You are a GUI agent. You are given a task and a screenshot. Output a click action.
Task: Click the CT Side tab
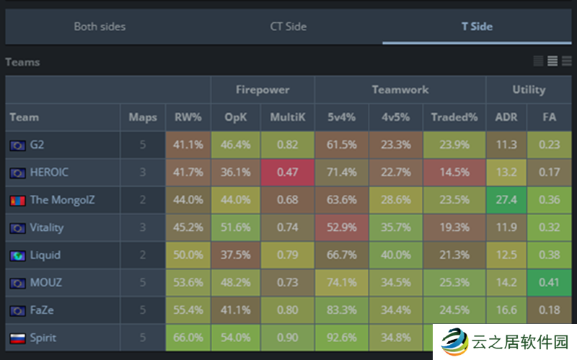click(x=288, y=27)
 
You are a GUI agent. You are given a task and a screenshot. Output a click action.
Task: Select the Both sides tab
click(x=100, y=27)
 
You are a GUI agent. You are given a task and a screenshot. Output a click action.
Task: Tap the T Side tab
click(x=477, y=27)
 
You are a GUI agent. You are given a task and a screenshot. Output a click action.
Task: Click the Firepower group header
click(x=263, y=90)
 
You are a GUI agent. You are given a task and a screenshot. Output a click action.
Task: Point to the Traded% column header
click(x=454, y=117)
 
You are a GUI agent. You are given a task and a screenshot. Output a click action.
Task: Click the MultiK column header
click(x=287, y=117)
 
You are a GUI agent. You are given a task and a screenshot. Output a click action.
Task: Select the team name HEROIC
click(x=49, y=172)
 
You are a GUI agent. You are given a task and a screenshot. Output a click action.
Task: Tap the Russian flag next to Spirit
click(x=17, y=338)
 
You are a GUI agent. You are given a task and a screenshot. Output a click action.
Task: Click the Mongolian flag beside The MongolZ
click(x=17, y=200)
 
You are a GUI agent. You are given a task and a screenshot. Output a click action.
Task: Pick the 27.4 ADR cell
click(x=506, y=200)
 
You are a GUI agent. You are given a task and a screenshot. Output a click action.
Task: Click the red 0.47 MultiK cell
click(x=287, y=172)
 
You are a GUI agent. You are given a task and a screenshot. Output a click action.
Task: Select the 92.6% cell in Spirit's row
click(x=342, y=338)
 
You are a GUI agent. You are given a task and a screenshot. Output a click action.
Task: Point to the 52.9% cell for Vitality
click(x=342, y=227)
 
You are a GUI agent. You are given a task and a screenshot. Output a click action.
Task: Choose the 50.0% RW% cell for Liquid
click(x=188, y=255)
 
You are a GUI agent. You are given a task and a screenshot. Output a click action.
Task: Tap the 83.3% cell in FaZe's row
click(x=342, y=310)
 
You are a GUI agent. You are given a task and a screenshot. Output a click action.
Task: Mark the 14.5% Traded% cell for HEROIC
click(x=454, y=172)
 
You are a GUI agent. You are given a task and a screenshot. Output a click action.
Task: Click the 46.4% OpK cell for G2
click(x=236, y=145)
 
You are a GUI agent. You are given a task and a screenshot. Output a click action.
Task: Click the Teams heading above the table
click(x=22, y=62)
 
